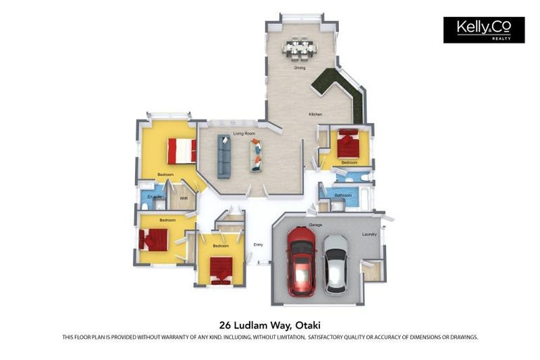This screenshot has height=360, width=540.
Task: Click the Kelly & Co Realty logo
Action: tap(484, 30)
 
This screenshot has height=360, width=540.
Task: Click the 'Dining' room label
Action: tap(300, 68)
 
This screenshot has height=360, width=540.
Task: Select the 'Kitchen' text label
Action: tap(316, 114)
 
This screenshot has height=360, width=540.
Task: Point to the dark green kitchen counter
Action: tap(342, 89)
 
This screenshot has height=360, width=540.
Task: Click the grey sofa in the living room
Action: tap(224, 155)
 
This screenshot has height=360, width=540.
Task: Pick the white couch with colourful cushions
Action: tap(257, 155)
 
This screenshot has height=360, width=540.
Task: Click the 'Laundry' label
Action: tap(369, 234)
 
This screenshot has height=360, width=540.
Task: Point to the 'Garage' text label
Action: tap(316, 225)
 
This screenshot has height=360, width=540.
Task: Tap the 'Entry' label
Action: tap(258, 245)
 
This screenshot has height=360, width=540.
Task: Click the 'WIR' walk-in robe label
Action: tap(183, 198)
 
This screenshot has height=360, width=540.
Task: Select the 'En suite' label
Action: tap(154, 197)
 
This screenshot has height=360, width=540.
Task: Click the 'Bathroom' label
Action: tap(343, 195)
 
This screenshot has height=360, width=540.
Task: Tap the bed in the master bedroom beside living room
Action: tap(181, 150)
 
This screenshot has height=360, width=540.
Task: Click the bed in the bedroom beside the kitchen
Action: tap(348, 145)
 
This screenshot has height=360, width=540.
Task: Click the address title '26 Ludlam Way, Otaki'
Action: tap(270, 325)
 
